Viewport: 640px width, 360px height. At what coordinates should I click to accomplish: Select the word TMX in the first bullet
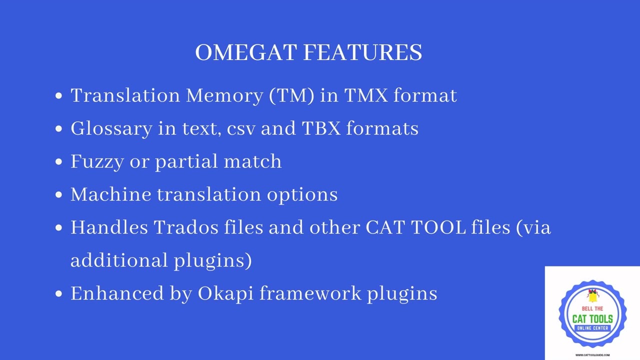[x=365, y=95]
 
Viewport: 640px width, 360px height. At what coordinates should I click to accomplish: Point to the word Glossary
[x=111, y=129]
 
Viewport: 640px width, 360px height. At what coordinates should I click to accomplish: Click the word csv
[x=241, y=129]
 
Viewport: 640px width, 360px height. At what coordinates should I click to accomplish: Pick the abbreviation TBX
[x=321, y=128]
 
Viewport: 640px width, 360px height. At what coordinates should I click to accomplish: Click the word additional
[x=119, y=260]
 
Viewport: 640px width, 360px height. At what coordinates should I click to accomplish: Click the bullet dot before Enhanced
[x=59, y=294]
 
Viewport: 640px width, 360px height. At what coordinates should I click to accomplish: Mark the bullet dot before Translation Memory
[x=59, y=96]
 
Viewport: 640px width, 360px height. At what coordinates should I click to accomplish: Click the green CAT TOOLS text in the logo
[x=592, y=319]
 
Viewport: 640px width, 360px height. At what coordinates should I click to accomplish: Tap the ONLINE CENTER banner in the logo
[x=592, y=328]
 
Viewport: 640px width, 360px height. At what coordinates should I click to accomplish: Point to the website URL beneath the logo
[x=592, y=355]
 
